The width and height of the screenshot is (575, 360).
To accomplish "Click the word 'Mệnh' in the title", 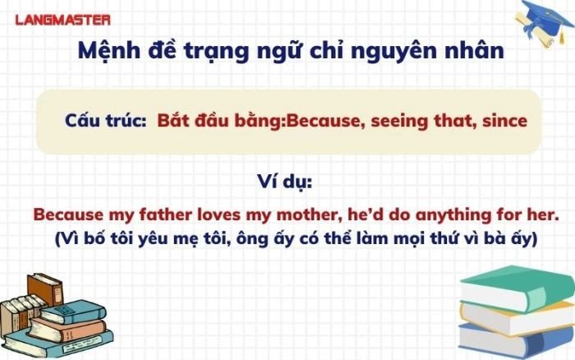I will (109, 51).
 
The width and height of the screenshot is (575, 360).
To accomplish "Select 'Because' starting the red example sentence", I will (67, 215).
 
